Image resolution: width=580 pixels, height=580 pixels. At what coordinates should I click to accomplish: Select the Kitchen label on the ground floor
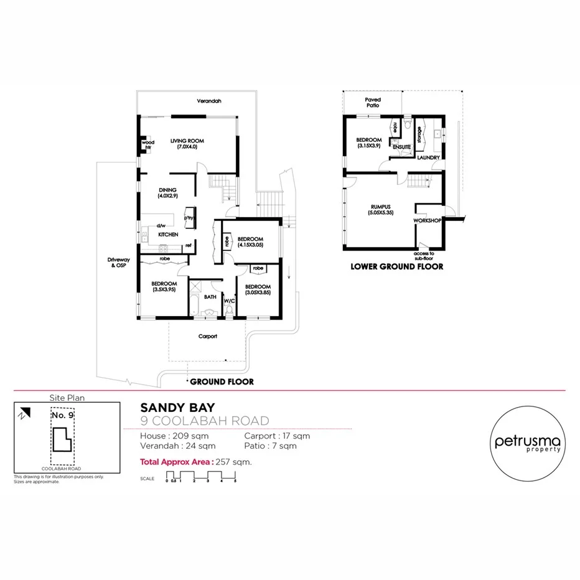pos(168,235)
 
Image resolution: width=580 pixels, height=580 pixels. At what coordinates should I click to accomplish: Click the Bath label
pos(210,297)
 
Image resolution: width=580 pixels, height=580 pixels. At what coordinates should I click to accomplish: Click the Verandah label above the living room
pos(209,101)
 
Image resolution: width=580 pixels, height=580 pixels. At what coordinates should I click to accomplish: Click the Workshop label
pos(428,220)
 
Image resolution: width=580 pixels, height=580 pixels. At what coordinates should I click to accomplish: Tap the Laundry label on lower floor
pos(429,158)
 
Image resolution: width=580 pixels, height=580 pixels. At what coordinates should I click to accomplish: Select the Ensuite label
pos(401,147)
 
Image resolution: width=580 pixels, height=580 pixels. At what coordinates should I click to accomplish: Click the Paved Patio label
pos(373,103)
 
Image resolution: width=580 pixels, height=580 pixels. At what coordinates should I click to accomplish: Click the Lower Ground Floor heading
pos(396,266)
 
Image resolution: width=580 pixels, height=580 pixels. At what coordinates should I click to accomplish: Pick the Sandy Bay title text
pos(177,408)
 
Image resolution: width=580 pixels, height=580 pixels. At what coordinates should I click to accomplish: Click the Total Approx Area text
pos(196,462)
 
